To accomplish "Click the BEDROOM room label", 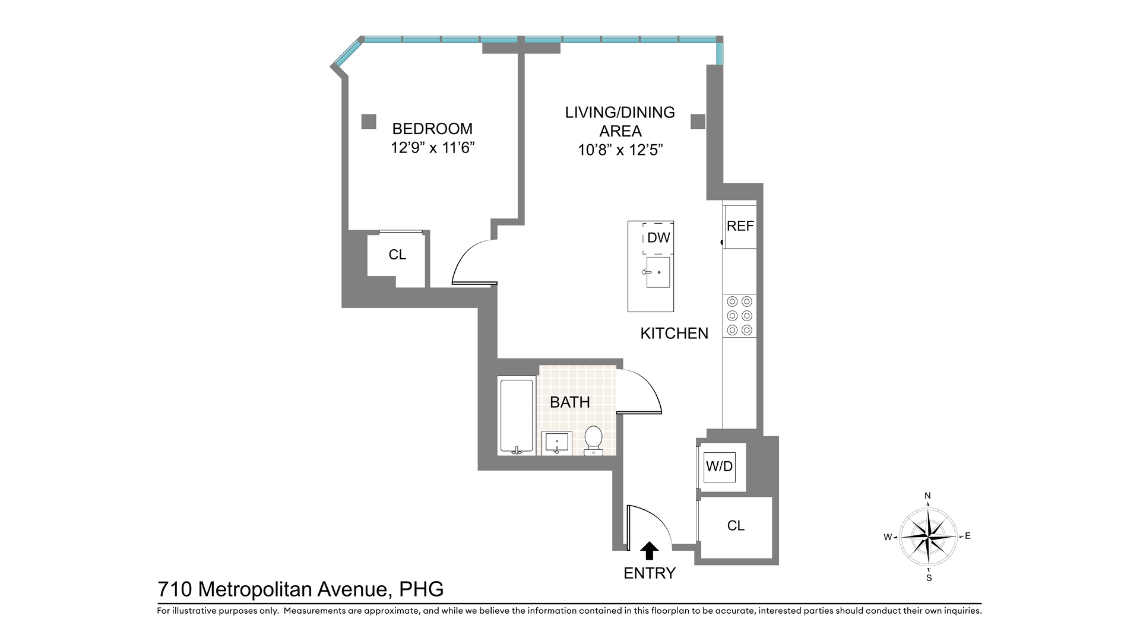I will click(x=432, y=129).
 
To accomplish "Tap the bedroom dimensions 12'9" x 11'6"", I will click(x=432, y=148).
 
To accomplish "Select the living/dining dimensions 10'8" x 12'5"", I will click(x=620, y=150).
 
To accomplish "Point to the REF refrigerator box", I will click(x=740, y=226).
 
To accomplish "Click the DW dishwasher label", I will click(x=658, y=238).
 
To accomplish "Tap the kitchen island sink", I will click(x=658, y=272).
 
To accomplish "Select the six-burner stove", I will click(x=740, y=316).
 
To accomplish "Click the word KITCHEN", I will click(x=674, y=334).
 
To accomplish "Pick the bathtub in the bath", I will click(x=517, y=417).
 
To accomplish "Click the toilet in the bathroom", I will click(x=593, y=440).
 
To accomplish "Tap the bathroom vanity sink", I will click(x=557, y=443).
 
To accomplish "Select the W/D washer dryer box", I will click(x=719, y=467).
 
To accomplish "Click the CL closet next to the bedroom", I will click(x=397, y=255).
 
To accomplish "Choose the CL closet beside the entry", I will click(x=736, y=526).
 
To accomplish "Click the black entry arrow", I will click(x=650, y=551).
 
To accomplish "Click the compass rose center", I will click(x=928, y=537).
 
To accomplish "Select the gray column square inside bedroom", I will click(x=369, y=122).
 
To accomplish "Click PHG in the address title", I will click(x=421, y=589).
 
